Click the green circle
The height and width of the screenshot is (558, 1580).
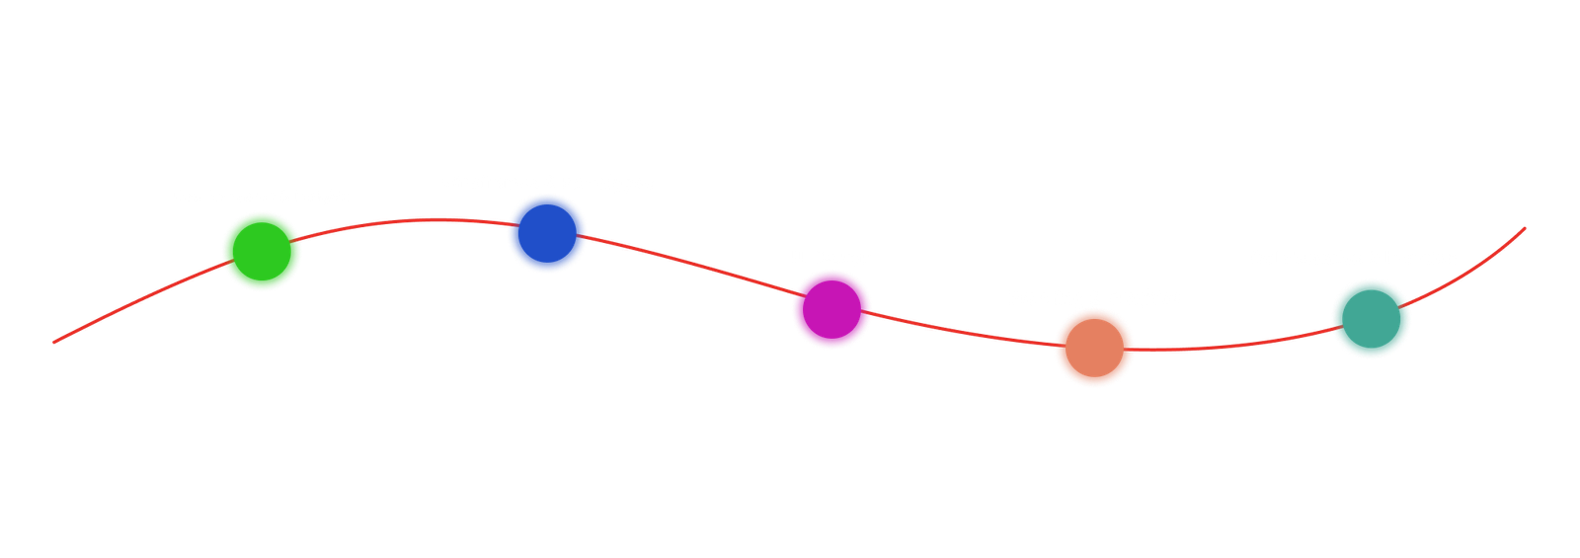pyautogui.click(x=262, y=251)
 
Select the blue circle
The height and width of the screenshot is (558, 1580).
pyautogui.click(x=547, y=233)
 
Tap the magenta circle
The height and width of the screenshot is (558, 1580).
pyautogui.click(x=831, y=310)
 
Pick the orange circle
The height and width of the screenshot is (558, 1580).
pyautogui.click(x=1094, y=348)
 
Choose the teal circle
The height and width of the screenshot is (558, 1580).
pyautogui.click(x=1371, y=318)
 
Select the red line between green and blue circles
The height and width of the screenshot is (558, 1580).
pyautogui.click(x=405, y=221)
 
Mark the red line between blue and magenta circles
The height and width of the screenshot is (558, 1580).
pyautogui.click(x=691, y=263)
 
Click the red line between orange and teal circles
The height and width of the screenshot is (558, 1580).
pyautogui.click(x=1234, y=346)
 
